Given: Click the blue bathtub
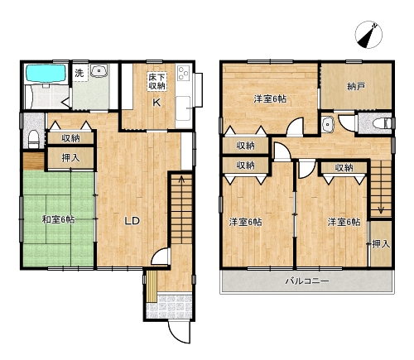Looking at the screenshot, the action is tap(46, 73).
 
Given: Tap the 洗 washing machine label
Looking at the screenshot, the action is tap(79, 73).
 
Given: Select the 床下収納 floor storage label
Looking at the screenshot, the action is tap(157, 82).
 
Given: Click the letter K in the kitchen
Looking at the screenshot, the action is tap(156, 103).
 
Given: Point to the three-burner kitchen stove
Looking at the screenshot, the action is tap(183, 73).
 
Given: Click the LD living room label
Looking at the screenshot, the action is tap(132, 221).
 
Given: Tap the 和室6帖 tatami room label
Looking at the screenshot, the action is tap(58, 220).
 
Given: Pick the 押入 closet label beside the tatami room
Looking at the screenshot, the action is tap(71, 158).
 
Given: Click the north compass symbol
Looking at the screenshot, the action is tap(368, 35).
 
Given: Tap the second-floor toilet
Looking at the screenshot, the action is tap(382, 123).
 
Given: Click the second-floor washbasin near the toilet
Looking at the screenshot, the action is tap(328, 125).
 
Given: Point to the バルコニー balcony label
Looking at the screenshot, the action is tap(307, 281).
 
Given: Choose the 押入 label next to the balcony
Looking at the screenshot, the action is tap(381, 244).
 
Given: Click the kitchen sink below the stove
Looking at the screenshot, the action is tap(183, 108).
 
